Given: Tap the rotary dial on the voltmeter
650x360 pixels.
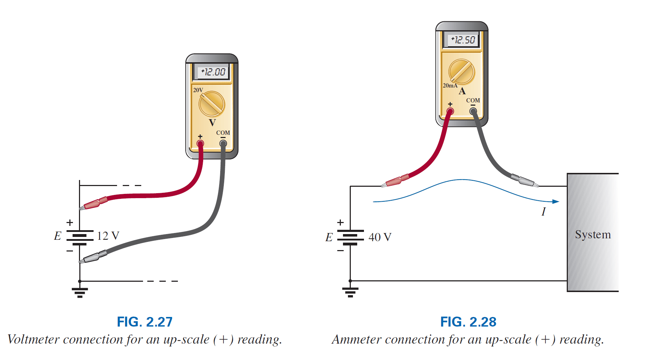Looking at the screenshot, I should point(212,104).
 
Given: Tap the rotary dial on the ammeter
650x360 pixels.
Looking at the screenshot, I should point(462,72).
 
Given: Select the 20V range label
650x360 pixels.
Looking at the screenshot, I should point(198,90).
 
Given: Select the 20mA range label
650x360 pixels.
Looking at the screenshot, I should point(450,86).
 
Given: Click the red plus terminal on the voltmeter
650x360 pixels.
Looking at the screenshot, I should point(200,144).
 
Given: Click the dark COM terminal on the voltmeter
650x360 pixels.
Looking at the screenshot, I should point(223,144).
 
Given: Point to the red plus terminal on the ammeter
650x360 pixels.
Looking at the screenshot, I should point(450,111).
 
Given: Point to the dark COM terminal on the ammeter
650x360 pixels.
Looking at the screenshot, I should point(473,111).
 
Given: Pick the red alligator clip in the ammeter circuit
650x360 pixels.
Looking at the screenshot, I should point(395,181).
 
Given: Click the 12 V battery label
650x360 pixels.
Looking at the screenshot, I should point(108,236).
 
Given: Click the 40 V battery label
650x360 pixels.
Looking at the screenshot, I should point(380,237).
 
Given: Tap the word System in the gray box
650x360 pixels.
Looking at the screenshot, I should point(593,234).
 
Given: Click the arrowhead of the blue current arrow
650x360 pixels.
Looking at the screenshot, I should point(556,202).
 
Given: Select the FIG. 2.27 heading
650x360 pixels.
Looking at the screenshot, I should point(144,322).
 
